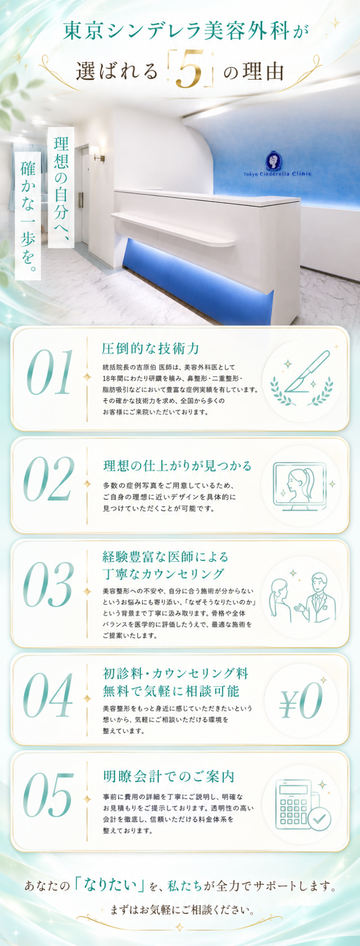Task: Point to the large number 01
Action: pos(50,372)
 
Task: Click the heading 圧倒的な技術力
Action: pos(151,348)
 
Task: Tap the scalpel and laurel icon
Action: pos(302,378)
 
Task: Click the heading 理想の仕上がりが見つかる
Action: pos(178,466)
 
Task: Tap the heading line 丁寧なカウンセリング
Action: pos(163,574)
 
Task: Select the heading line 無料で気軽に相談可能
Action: pos(171,691)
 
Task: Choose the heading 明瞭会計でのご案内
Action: pos(168,776)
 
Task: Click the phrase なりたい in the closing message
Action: pos(109,886)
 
